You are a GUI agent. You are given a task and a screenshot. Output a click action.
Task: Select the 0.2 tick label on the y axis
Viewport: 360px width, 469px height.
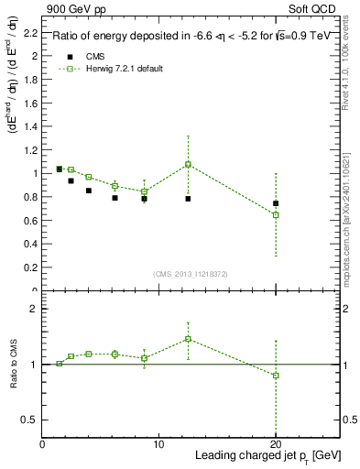click(32, 267)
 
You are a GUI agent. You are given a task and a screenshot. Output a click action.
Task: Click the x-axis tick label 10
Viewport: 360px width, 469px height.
click(158, 444)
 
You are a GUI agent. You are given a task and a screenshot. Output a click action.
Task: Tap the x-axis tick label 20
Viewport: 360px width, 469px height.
click(275, 444)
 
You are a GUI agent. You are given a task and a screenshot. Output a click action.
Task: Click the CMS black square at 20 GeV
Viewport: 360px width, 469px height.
click(276, 203)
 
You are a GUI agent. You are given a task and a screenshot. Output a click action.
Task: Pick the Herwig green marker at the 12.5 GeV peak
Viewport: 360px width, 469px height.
click(188, 165)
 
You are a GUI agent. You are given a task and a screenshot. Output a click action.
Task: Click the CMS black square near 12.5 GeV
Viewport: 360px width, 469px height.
click(188, 199)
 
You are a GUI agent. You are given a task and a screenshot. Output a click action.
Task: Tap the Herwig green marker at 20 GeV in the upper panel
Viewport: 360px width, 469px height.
click(276, 214)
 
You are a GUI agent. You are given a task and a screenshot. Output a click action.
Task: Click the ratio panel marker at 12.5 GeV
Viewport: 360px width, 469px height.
click(188, 339)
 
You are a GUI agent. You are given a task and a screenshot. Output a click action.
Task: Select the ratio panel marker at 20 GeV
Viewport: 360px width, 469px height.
click(276, 376)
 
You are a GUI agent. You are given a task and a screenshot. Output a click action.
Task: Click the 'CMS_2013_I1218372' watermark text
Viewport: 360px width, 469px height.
click(190, 274)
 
